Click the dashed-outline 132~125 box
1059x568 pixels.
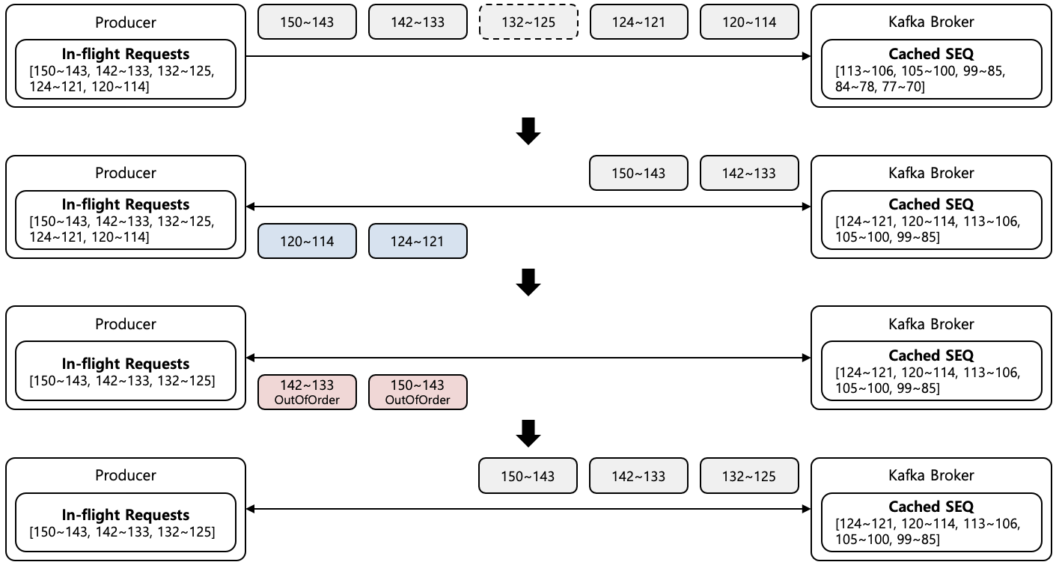[528, 22]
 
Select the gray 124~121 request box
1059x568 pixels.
[638, 22]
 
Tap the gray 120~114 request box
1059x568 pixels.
[749, 22]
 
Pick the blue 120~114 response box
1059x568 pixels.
[307, 241]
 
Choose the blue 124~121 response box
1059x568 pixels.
[418, 241]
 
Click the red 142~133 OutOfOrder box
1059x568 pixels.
[307, 392]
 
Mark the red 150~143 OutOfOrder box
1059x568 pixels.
[418, 392]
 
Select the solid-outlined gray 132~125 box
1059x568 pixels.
[749, 476]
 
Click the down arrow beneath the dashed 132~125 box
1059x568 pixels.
[528, 131]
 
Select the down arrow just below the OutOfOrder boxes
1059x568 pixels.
[528, 433]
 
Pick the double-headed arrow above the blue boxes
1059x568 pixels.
[528, 207]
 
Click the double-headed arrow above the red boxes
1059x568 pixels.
[528, 358]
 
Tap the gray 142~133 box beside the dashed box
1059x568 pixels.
[418, 22]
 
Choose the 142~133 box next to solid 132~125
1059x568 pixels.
[638, 476]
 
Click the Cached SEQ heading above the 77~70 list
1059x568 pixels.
[931, 54]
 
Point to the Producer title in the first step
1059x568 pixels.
[126, 22]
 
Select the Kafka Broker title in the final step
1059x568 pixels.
[931, 475]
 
